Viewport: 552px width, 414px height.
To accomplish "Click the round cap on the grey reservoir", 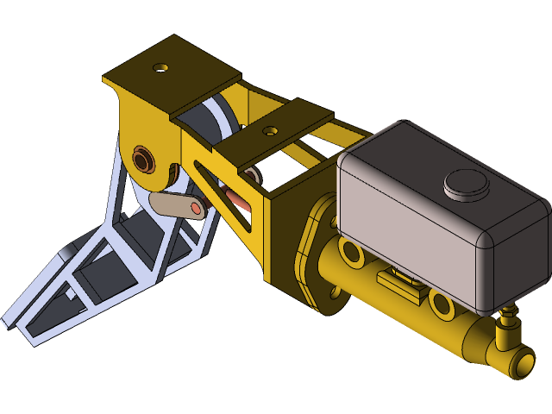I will tap(466, 184).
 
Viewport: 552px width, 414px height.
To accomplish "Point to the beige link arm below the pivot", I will tap(175, 204).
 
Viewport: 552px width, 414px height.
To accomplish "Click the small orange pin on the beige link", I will tap(197, 208).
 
